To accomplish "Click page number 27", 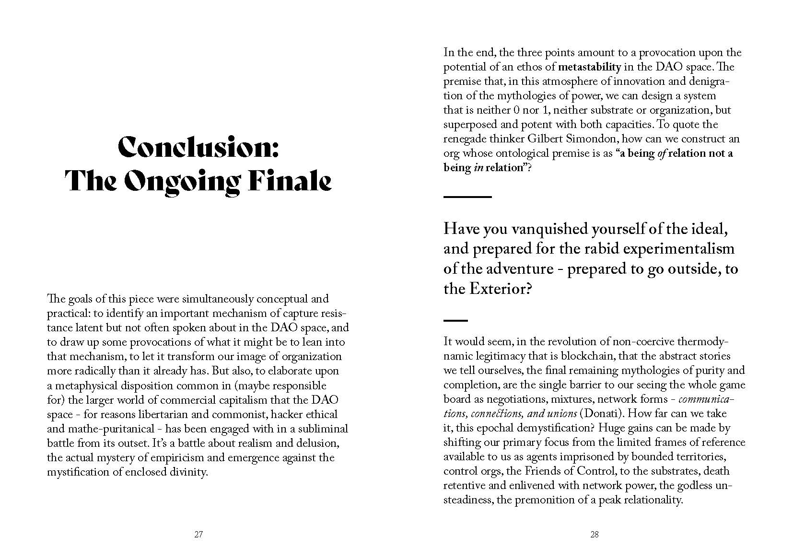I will coord(198,535).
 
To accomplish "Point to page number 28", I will coord(595,535).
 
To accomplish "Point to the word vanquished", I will coord(548,229).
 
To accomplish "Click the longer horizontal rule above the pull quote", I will coord(467,197).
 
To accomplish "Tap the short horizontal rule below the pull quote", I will coord(455,320).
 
